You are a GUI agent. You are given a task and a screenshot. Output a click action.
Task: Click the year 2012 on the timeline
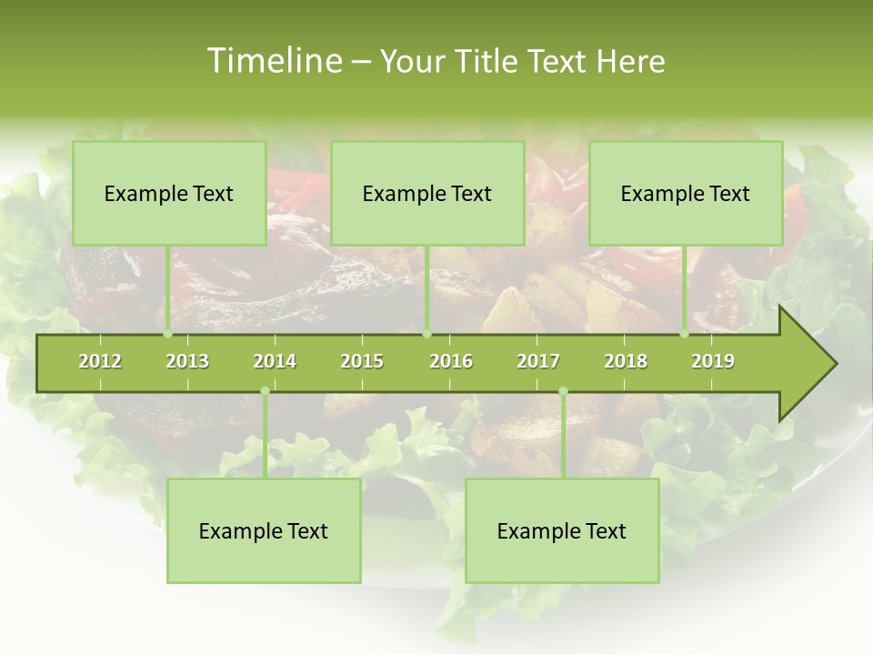click(x=100, y=361)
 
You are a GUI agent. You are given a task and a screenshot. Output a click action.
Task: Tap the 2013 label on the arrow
click(x=187, y=361)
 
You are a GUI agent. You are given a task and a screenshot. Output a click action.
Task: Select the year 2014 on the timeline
click(x=275, y=361)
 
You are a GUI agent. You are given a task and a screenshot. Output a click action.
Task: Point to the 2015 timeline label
click(x=362, y=361)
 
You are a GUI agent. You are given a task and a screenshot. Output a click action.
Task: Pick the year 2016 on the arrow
click(x=451, y=361)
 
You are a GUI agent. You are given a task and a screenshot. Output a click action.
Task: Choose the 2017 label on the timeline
click(x=538, y=361)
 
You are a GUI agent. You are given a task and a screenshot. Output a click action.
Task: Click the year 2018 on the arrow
click(x=626, y=361)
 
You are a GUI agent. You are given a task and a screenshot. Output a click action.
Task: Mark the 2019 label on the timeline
click(x=713, y=361)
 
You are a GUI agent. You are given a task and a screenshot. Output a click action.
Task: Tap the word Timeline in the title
click(x=272, y=61)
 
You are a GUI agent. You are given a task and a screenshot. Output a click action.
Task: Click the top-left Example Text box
click(x=169, y=193)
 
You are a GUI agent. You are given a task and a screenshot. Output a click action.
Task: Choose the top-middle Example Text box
click(x=427, y=193)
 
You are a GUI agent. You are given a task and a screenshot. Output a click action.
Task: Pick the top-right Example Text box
click(x=686, y=193)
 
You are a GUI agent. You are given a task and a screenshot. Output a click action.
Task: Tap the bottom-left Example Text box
click(x=264, y=530)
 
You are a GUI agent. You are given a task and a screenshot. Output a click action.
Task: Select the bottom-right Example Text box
click(x=562, y=530)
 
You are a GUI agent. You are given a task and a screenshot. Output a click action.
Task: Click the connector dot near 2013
click(x=168, y=334)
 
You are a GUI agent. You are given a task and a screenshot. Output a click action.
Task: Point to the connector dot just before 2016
click(x=426, y=334)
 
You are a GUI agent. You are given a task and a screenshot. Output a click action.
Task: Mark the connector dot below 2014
click(x=265, y=391)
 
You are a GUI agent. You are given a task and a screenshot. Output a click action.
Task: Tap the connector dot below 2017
click(x=563, y=391)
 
